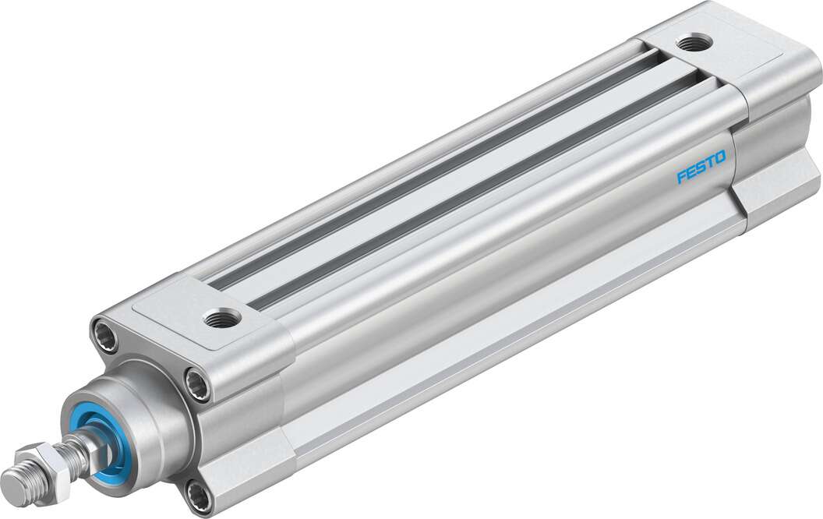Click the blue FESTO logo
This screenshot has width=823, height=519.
(x=701, y=168)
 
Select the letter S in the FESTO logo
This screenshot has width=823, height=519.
(x=701, y=168)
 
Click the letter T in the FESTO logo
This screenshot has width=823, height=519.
(x=710, y=164)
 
